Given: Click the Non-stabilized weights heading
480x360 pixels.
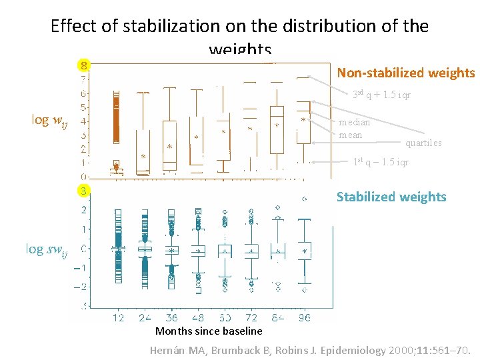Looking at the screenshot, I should (x=405, y=73).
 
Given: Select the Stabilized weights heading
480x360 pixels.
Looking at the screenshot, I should (x=391, y=197).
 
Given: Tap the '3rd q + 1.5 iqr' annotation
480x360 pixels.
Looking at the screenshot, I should (x=381, y=95).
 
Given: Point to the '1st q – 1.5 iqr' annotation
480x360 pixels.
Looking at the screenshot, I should (x=381, y=162).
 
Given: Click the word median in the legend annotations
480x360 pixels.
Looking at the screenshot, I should (x=355, y=123).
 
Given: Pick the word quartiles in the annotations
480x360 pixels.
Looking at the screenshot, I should (x=423, y=143).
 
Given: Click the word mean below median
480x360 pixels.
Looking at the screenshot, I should (x=351, y=135).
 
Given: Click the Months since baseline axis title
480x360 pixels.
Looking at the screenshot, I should (x=209, y=331).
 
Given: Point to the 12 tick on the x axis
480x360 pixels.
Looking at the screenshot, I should (x=118, y=318).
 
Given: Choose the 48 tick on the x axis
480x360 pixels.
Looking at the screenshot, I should (x=197, y=318).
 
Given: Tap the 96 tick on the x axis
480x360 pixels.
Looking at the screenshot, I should (x=304, y=318).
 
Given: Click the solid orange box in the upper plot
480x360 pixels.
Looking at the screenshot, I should (x=115, y=116).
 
